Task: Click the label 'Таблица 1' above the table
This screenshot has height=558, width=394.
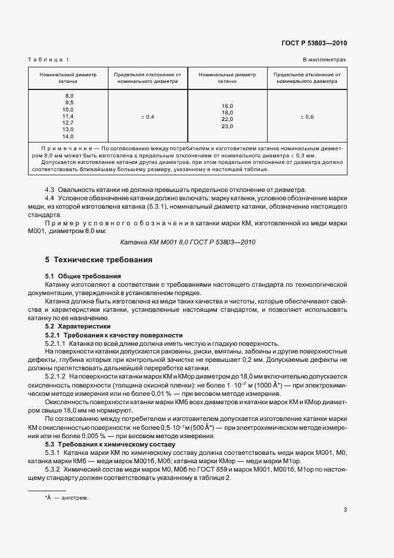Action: point(49,60)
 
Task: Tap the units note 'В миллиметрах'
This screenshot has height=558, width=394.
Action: point(324,60)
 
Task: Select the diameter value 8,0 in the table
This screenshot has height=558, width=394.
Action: point(69,96)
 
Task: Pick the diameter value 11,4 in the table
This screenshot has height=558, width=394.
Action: point(68,116)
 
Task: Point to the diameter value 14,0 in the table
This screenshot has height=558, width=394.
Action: point(68,136)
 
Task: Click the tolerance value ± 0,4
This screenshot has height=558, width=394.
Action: point(147,117)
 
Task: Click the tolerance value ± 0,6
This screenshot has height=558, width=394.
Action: point(306,117)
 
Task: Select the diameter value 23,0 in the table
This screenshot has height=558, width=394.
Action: point(227,126)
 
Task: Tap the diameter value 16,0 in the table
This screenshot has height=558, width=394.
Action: point(227,106)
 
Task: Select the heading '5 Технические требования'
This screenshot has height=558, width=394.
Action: point(99,261)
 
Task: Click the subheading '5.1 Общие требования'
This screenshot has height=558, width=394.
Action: point(83,277)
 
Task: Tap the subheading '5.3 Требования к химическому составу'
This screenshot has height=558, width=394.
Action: point(110,444)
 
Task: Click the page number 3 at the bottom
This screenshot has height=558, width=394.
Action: point(345,509)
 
